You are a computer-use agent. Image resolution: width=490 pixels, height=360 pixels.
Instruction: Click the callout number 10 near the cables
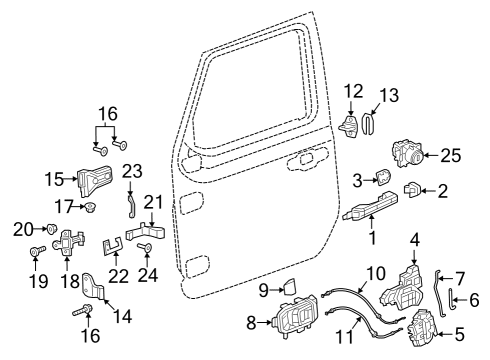[x=374, y=272]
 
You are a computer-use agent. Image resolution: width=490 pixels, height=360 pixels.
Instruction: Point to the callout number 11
[x=343, y=341]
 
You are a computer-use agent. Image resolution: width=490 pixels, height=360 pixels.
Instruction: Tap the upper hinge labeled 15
[x=98, y=180]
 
